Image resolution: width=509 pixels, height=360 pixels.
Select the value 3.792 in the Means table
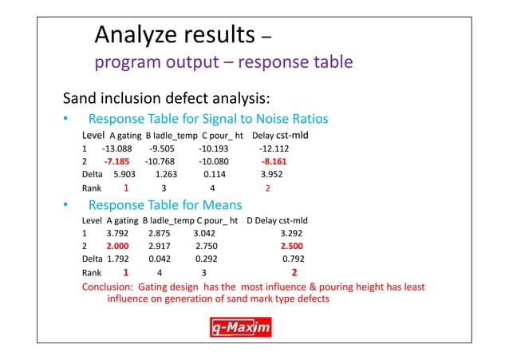tap(117, 233)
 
